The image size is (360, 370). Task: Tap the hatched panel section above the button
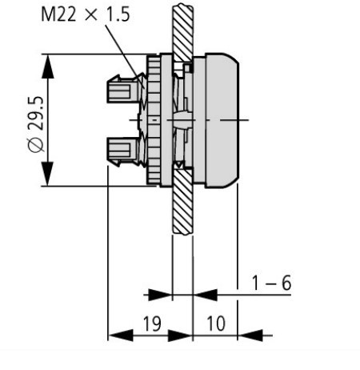click(179, 28)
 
